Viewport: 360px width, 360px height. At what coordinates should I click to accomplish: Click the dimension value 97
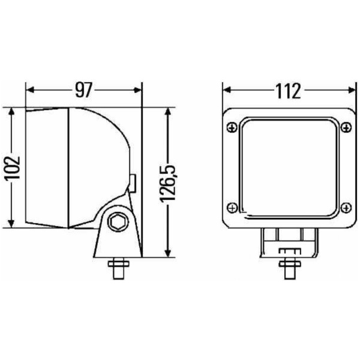pos(83,90)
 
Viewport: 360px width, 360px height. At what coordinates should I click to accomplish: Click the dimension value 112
pos(287,91)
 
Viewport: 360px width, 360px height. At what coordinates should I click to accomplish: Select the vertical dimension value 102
pos(13,167)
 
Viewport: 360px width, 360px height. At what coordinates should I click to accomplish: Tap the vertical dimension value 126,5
pos(168,183)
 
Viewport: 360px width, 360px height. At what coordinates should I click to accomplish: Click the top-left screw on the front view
pos(232,127)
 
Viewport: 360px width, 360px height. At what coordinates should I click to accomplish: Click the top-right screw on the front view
pos(346,127)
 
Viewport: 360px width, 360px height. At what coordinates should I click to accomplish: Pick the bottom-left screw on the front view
pos(232,208)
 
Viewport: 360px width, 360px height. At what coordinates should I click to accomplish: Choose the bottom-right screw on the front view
pos(346,208)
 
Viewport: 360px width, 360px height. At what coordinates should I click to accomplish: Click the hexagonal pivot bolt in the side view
pos(118,221)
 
